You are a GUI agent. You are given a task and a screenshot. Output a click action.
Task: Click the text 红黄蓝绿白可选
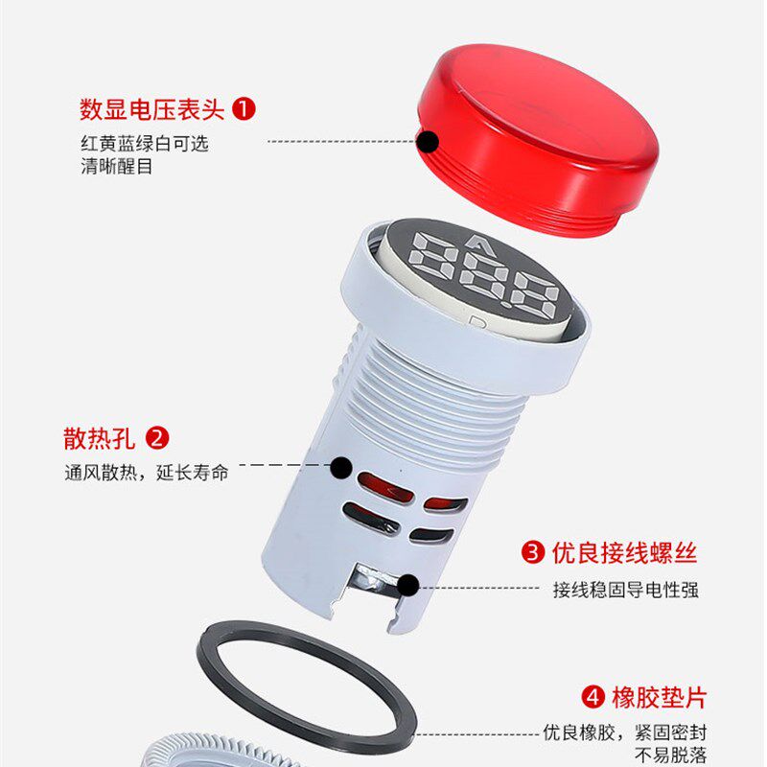pyautogui.click(x=144, y=144)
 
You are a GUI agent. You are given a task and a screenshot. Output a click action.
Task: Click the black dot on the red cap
pyautogui.click(x=428, y=142)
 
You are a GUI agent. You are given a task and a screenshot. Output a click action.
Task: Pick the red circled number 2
pyautogui.click(x=157, y=439)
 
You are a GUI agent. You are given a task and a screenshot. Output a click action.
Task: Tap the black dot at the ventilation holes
pyautogui.click(x=341, y=468)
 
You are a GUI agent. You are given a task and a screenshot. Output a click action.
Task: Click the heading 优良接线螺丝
pyautogui.click(x=624, y=552)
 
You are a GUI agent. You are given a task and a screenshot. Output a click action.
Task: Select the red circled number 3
pyautogui.click(x=531, y=552)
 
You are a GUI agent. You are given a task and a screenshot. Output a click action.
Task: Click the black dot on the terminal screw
pyautogui.click(x=407, y=585)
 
